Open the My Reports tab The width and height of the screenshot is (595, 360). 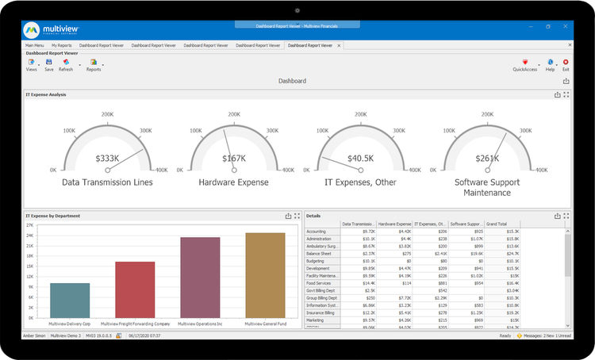click(x=60, y=46)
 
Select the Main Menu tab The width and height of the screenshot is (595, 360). click(x=35, y=46)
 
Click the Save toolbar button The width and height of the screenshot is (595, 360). click(x=48, y=63)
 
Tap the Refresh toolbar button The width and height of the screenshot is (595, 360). click(x=65, y=63)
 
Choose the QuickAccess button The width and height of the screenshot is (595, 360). click(x=524, y=63)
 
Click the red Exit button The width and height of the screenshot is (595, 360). click(x=566, y=63)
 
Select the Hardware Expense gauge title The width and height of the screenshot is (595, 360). click(x=233, y=182)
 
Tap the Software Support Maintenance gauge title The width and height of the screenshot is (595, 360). click(x=488, y=187)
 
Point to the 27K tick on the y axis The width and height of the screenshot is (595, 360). click(x=30, y=225)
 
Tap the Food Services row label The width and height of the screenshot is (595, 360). click(x=319, y=282)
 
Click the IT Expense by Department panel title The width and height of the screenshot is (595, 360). click(x=52, y=215)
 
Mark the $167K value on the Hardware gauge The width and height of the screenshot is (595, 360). click(x=233, y=159)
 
